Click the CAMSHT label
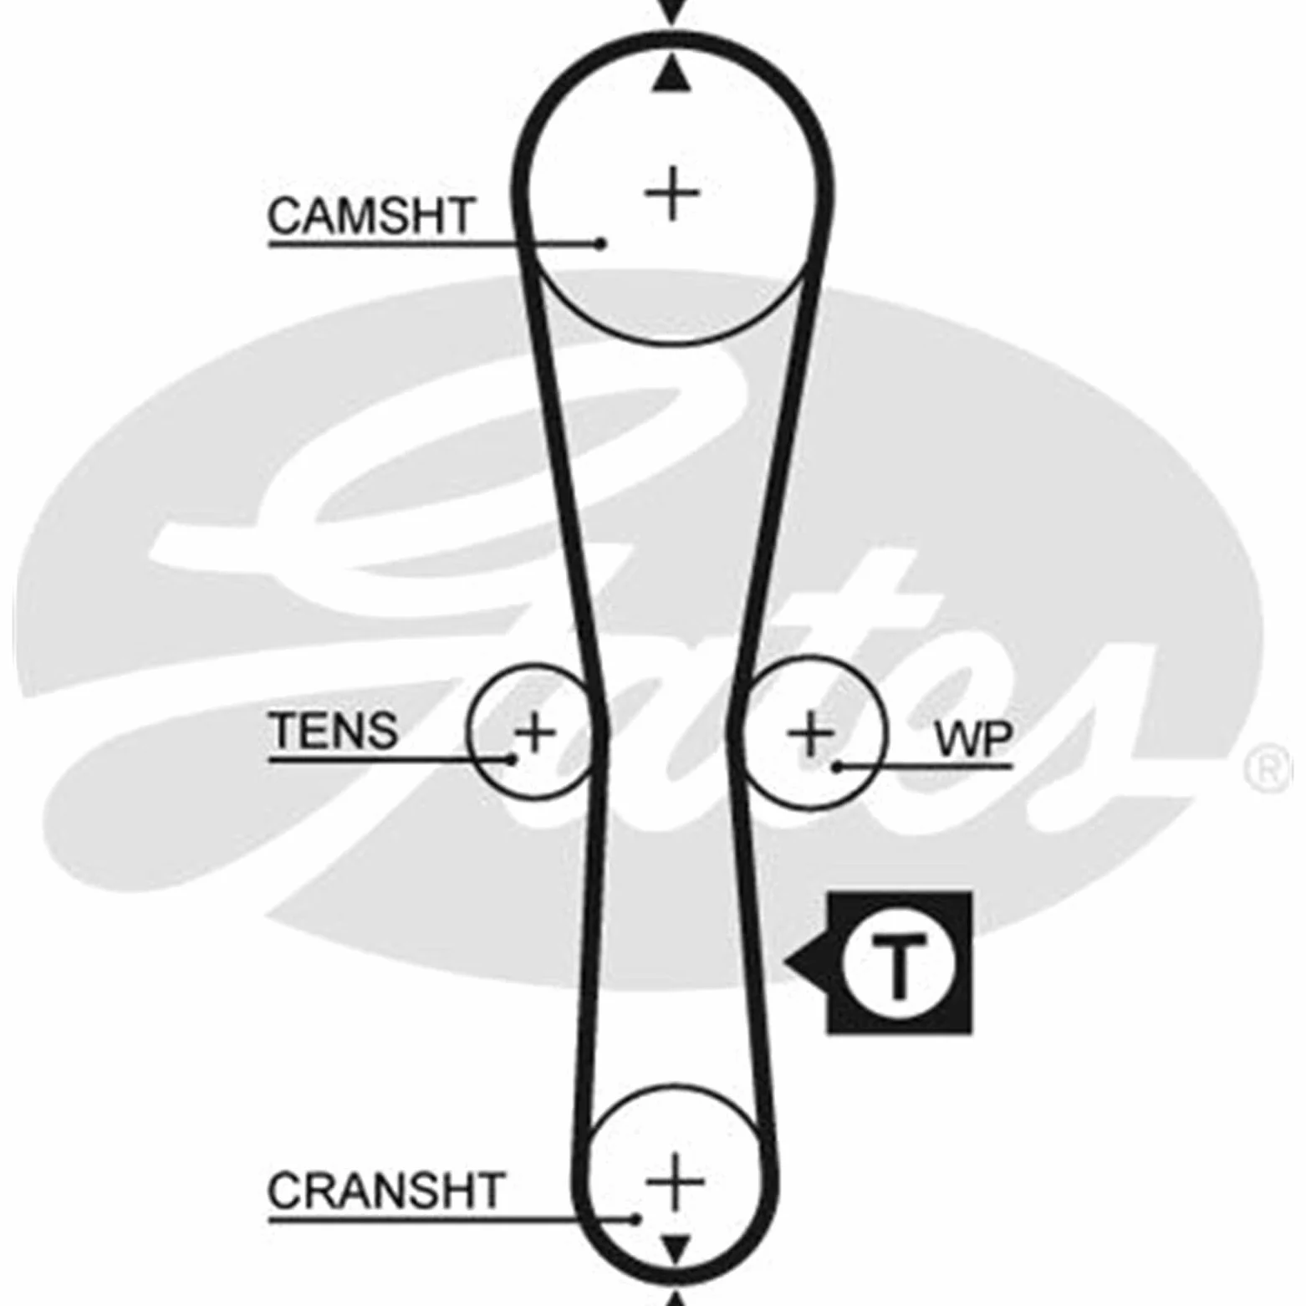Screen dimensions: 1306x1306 click(371, 216)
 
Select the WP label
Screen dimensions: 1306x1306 click(973, 738)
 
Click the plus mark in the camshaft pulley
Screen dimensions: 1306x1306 click(672, 194)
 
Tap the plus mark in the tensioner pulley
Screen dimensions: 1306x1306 click(535, 732)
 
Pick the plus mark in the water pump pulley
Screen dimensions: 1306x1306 click(810, 734)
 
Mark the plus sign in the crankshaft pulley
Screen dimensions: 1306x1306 click(675, 1181)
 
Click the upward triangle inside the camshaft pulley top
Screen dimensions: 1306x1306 click(671, 77)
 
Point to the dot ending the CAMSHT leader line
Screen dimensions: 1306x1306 click(599, 243)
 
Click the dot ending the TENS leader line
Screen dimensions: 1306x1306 click(512, 759)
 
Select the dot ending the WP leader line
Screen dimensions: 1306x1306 click(837, 767)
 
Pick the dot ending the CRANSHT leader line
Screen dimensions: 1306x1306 click(637, 1219)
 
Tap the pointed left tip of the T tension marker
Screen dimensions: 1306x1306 click(786, 962)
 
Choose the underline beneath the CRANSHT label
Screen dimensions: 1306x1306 click(451, 1220)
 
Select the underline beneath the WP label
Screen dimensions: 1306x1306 click(925, 766)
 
